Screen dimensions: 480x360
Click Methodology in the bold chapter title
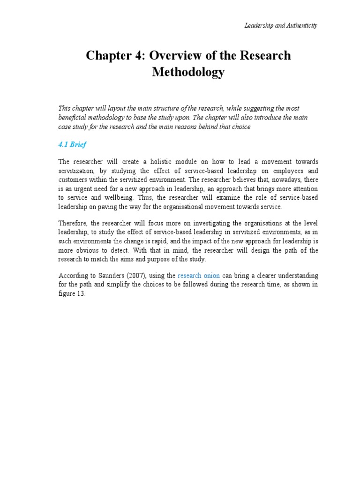(188, 72)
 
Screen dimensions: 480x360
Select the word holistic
(173, 162)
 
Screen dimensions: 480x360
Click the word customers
(75, 180)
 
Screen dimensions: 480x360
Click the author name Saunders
(105, 276)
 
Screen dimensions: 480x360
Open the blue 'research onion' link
(199, 276)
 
